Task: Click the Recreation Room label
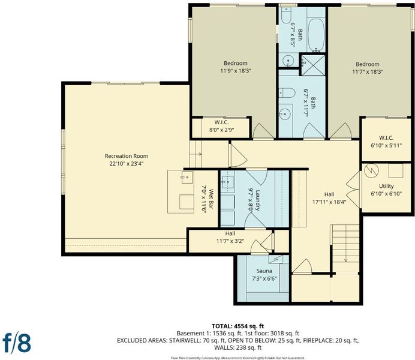pyautogui.click(x=127, y=156)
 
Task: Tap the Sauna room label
pyautogui.click(x=264, y=271)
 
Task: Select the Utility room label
pyautogui.click(x=386, y=186)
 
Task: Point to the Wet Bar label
pyautogui.click(x=211, y=199)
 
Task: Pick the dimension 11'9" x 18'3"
pyautogui.click(x=236, y=71)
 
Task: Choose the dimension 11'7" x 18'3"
pyautogui.click(x=368, y=71)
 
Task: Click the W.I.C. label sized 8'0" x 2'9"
pyautogui.click(x=221, y=122)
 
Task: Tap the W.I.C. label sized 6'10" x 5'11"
pyautogui.click(x=386, y=137)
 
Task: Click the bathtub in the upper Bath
pyautogui.click(x=316, y=35)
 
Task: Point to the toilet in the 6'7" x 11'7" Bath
pyautogui.click(x=287, y=92)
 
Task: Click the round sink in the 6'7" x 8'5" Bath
pyautogui.click(x=287, y=61)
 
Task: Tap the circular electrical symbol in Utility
pyautogui.click(x=371, y=171)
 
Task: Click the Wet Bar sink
pyautogui.click(x=187, y=177)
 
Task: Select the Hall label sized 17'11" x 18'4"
pyautogui.click(x=329, y=194)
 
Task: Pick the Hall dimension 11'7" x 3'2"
pyautogui.click(x=230, y=241)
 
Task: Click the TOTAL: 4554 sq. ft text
pyautogui.click(x=237, y=326)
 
